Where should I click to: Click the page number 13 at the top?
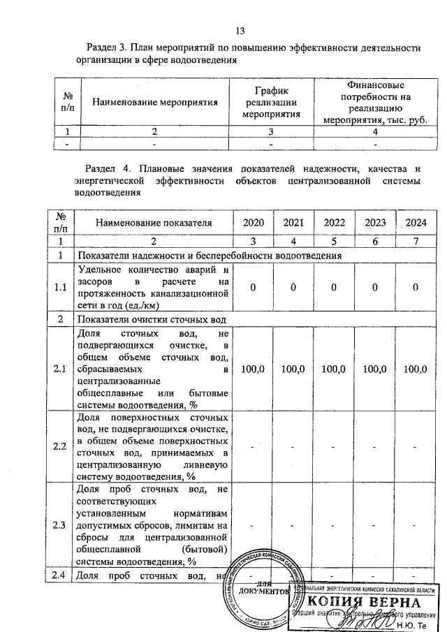240,31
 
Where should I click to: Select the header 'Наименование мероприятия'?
156,101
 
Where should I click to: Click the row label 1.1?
60,287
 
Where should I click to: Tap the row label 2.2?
60,446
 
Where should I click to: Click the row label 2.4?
60,575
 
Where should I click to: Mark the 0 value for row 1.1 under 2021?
294,287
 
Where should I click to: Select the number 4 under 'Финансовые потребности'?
375,131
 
